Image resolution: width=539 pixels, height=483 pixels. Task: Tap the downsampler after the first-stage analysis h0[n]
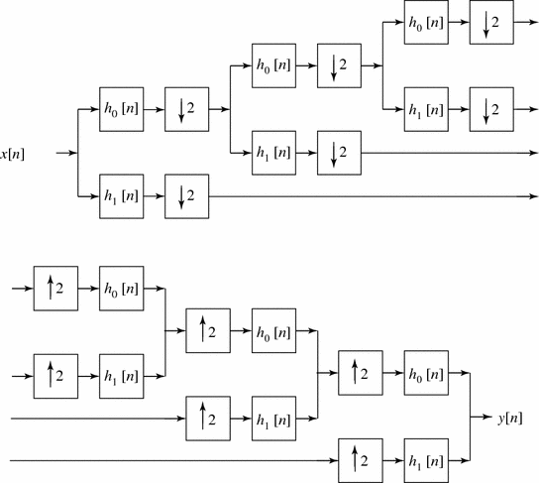pos(185,109)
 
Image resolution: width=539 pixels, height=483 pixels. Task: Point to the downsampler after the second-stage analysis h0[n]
pos(338,65)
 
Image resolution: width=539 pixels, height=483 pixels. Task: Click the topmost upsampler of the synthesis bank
pos(54,289)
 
